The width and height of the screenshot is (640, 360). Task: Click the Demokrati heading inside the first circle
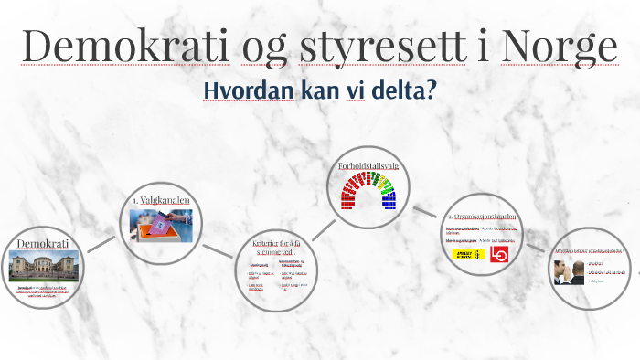pos(43,245)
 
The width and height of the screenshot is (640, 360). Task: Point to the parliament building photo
pos(43,267)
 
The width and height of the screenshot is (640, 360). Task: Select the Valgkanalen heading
pos(160,199)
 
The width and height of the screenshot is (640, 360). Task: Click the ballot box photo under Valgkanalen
pos(160,225)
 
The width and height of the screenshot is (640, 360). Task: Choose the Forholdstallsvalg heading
pos(368,165)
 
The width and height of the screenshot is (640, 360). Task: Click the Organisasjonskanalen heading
pos(482,217)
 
